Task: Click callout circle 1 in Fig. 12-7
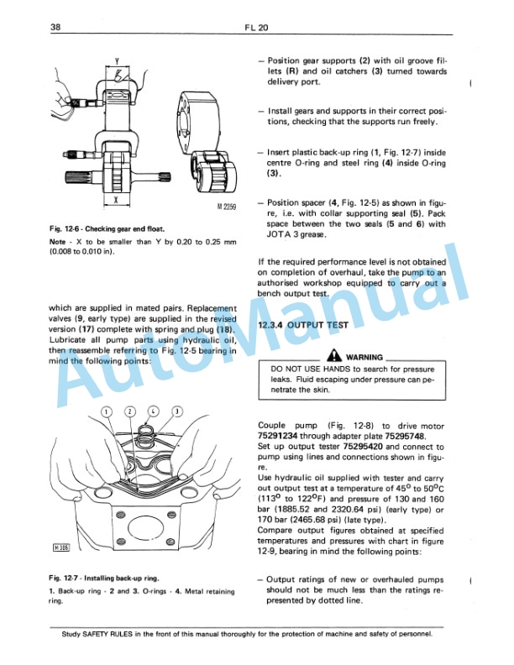tap(107, 411)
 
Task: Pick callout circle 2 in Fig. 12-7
tap(130, 411)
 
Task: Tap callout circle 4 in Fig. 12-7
tap(154, 411)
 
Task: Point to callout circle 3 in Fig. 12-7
tap(177, 411)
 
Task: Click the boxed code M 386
tap(60, 549)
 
